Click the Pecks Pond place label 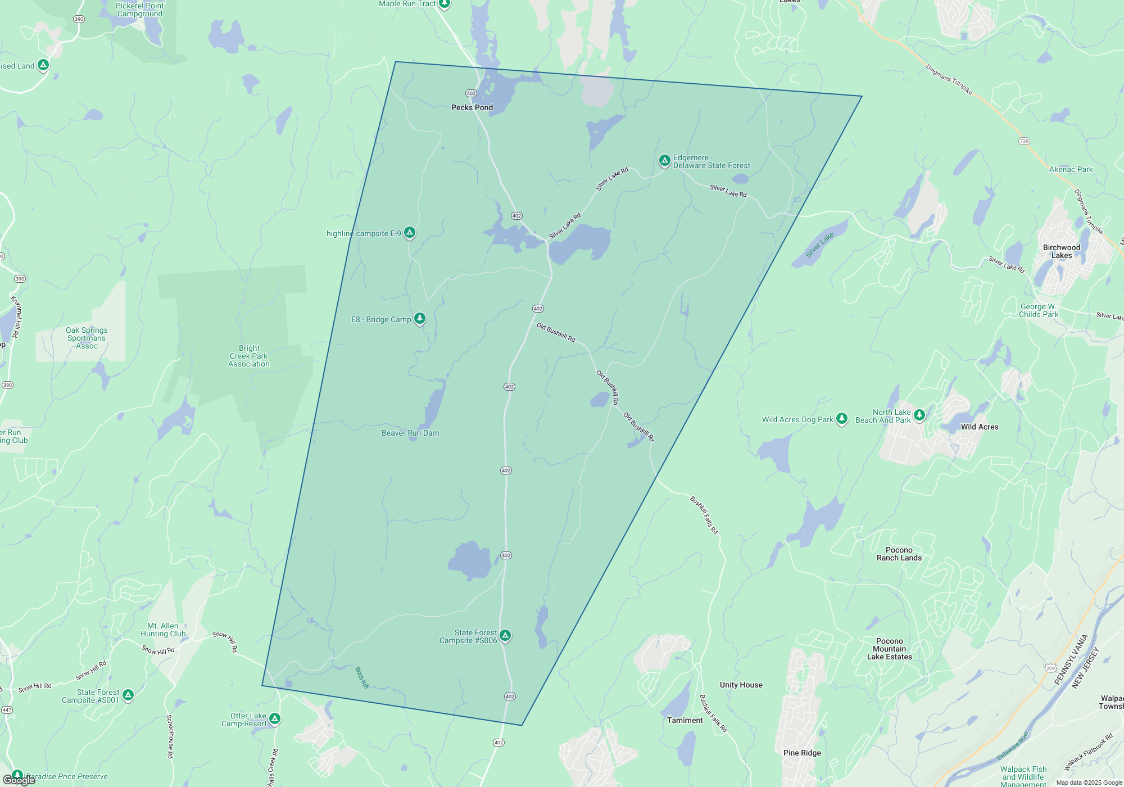[472, 107]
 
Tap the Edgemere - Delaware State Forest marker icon [664, 161]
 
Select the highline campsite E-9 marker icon [410, 232]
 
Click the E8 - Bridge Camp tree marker [420, 319]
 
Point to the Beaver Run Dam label [410, 433]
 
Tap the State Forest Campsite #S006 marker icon [505, 635]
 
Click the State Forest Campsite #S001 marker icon [128, 695]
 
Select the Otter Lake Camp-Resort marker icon [274, 718]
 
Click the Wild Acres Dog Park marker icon [841, 418]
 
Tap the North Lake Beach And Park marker [919, 415]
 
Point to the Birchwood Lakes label [1062, 251]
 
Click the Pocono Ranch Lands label [899, 554]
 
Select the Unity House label [741, 685]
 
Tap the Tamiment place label [685, 720]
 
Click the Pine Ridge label [802, 753]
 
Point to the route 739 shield [1024, 141]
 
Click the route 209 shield [1050, 668]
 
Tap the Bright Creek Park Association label [249, 356]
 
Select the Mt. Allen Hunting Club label [163, 630]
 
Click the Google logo [19, 780]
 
